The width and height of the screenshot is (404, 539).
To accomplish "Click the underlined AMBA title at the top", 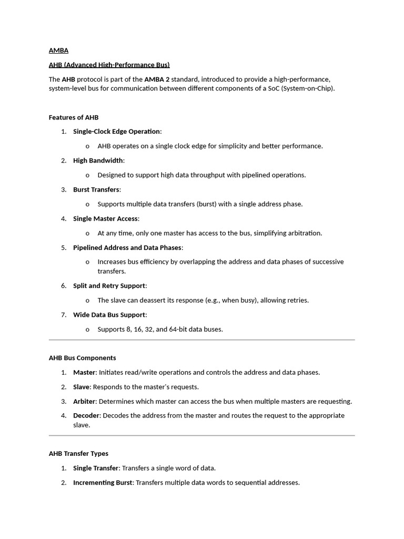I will click(58, 51).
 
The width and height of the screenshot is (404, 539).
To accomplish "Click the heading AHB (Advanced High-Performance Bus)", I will click(109, 65).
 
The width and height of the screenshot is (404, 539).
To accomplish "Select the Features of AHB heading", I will click(74, 117).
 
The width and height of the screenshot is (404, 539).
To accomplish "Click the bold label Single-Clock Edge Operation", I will click(116, 131).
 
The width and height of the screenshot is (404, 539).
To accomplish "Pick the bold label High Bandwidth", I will click(98, 161).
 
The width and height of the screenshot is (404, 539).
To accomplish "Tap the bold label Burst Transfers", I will click(96, 189).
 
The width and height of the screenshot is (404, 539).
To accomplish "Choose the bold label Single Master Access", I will click(105, 218).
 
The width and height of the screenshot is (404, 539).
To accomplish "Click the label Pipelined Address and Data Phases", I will click(127, 247).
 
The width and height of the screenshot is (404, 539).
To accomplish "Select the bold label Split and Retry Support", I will click(109, 286).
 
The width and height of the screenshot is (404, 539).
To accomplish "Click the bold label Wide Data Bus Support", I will click(109, 315).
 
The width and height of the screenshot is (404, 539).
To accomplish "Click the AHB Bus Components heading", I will click(82, 358).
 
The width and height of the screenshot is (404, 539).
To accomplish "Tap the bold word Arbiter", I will click(84, 401).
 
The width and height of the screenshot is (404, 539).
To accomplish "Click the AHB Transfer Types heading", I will click(78, 453).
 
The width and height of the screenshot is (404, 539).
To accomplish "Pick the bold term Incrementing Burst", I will click(103, 482).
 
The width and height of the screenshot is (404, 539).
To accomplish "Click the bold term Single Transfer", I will click(96, 468).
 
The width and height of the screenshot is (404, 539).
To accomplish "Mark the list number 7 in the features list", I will click(63, 315).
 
